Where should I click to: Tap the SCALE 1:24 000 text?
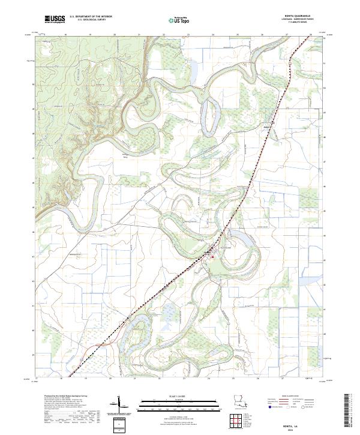[x=179, y=395]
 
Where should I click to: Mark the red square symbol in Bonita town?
[x=212, y=257]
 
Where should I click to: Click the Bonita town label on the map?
[x=205, y=252]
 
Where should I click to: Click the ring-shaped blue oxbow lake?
[x=209, y=111]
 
